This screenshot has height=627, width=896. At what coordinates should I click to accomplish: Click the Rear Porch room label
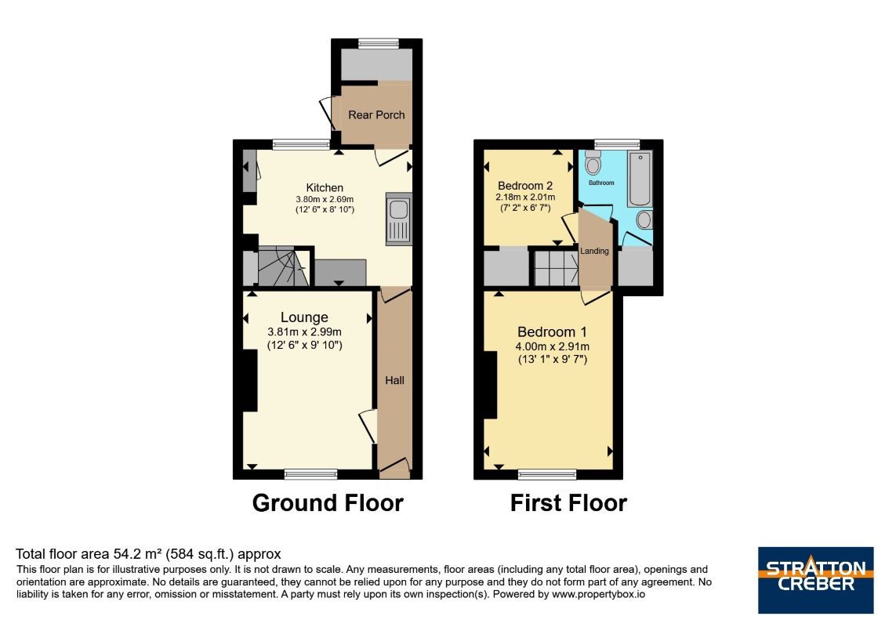click(376, 115)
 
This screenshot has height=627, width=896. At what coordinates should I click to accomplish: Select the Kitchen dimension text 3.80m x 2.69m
click(325, 199)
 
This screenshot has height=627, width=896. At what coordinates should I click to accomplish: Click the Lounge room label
click(304, 317)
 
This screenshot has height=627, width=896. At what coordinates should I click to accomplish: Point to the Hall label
click(394, 380)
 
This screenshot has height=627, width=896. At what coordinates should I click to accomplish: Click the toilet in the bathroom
click(593, 162)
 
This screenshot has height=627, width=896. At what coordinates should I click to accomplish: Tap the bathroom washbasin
click(644, 220)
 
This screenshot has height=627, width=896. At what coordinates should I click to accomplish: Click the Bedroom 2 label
click(525, 186)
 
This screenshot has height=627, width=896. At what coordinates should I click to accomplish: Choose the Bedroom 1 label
click(552, 332)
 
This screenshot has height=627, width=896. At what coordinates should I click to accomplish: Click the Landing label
click(595, 251)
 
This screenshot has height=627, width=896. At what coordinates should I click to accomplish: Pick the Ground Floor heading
click(328, 502)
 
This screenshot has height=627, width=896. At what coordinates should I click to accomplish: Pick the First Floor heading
click(568, 502)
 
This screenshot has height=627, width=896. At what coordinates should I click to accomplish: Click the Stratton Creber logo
click(815, 580)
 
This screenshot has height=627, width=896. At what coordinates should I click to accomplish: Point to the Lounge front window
click(310, 473)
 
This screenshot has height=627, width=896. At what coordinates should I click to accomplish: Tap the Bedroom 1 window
click(547, 473)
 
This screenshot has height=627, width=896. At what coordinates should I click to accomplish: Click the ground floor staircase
click(281, 267)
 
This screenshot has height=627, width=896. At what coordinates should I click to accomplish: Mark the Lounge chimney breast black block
click(249, 380)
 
